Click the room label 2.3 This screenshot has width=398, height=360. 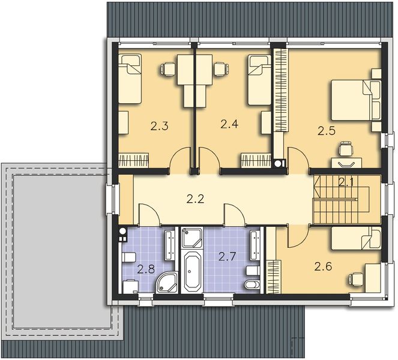click(158, 127)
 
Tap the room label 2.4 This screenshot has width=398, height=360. click(229, 125)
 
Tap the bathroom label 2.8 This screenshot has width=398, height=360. click(146, 269)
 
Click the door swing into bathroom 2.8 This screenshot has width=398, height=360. click(148, 214)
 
